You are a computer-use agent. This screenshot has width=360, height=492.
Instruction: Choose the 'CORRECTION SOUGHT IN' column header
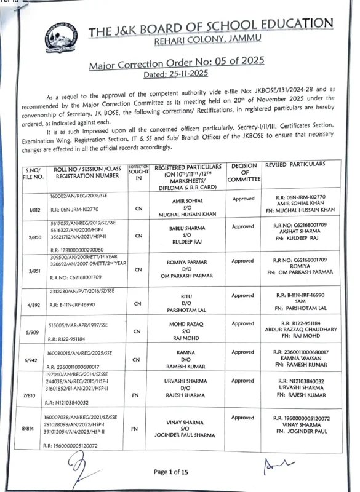click(x=138, y=172)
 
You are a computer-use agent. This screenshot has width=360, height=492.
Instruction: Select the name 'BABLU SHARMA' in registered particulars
click(x=184, y=228)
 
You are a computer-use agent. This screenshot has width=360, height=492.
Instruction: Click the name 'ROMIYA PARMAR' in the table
click(x=184, y=262)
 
